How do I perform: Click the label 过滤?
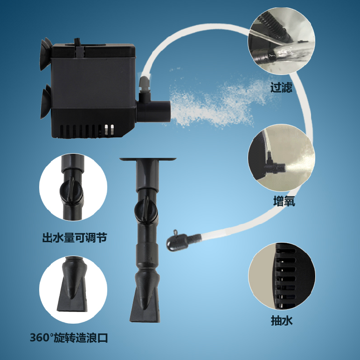pyautogui.click(x=281, y=88)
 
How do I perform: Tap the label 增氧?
pyautogui.click(x=284, y=202)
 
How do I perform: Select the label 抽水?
pyautogui.click(x=281, y=320)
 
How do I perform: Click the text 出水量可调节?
pyautogui.click(x=75, y=238)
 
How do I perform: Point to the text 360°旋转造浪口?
pyautogui.click(x=69, y=338)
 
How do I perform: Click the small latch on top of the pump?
pyautogui.click(x=78, y=48)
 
